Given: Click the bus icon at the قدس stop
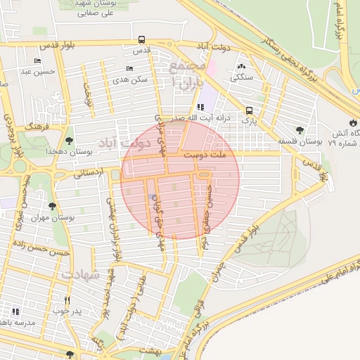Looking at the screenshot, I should [x=142, y=40].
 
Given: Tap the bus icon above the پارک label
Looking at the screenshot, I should [x=249, y=110].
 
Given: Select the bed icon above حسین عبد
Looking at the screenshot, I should [x=37, y=61].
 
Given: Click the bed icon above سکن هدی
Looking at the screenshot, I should [x=129, y=69].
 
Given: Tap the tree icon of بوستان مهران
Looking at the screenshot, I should [x=52, y=206].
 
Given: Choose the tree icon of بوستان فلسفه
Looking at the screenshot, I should [x=300, y=130].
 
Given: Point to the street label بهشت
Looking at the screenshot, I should [x=148, y=347].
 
